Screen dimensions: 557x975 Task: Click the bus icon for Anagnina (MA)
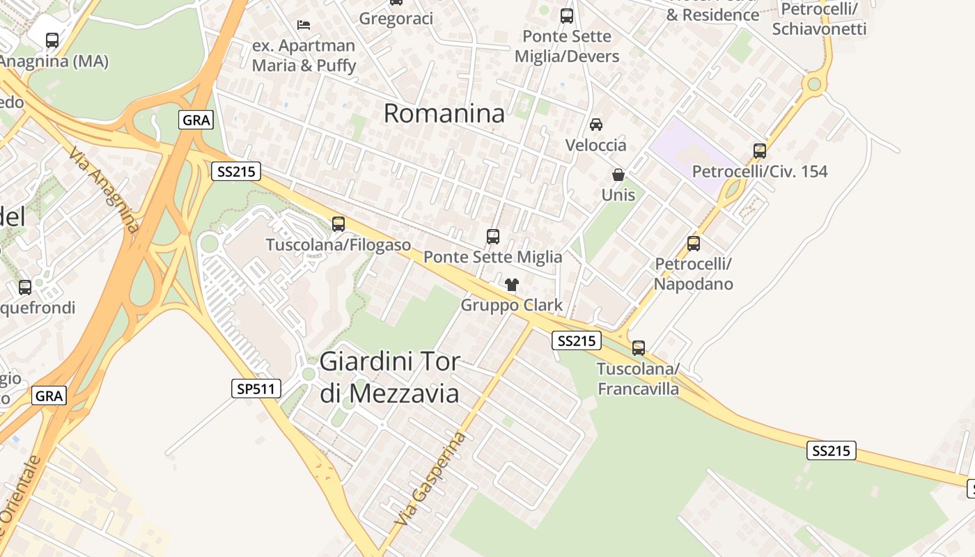(52, 40)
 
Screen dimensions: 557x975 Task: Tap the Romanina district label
(444, 113)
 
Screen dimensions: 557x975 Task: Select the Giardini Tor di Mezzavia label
(389, 377)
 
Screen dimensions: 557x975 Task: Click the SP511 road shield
(256, 389)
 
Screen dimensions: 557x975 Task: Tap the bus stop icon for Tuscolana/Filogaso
(338, 224)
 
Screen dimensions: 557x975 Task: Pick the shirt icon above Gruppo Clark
(512, 284)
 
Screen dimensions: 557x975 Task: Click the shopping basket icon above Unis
(618, 175)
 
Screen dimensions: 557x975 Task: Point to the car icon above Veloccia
(596, 125)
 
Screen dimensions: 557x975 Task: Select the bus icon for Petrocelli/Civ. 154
(760, 150)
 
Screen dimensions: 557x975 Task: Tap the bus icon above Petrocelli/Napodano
(694, 244)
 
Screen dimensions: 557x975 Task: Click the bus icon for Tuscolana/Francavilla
(639, 347)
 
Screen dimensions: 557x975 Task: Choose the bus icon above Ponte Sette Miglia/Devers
(567, 15)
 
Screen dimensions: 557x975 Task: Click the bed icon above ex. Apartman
(304, 25)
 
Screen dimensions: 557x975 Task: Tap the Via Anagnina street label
(105, 188)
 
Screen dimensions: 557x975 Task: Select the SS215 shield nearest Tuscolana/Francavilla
(577, 340)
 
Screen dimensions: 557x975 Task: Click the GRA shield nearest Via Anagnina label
(196, 120)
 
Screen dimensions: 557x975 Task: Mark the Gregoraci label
(396, 19)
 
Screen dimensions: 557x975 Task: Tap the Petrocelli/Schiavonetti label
(819, 19)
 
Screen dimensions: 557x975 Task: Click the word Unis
(618, 194)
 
